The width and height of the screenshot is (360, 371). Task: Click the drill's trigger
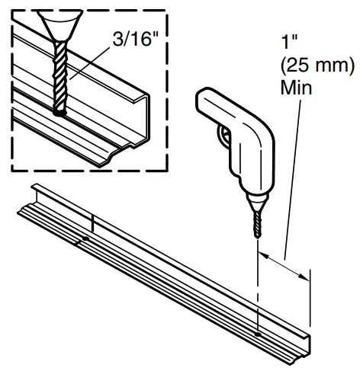pos(223,135)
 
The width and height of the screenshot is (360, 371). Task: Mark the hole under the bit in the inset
pos(60,113)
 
